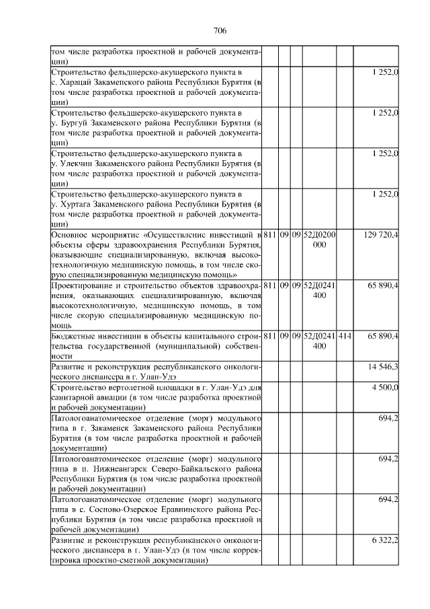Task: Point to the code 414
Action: (345, 335)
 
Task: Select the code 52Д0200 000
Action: (320, 240)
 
